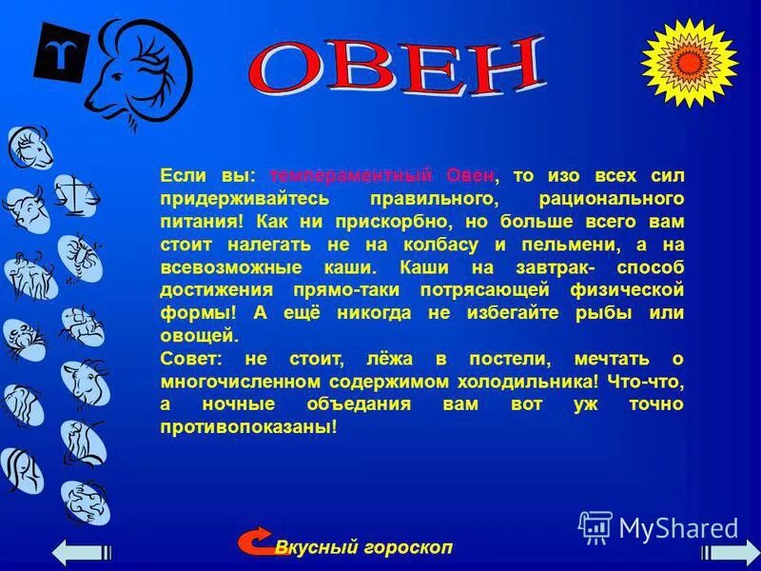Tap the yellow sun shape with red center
(689, 61)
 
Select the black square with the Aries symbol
(62, 52)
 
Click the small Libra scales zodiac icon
(74, 194)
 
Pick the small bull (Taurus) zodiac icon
(25, 208)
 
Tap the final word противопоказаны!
(249, 427)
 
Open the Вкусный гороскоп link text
(364, 547)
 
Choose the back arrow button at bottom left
(82, 553)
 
